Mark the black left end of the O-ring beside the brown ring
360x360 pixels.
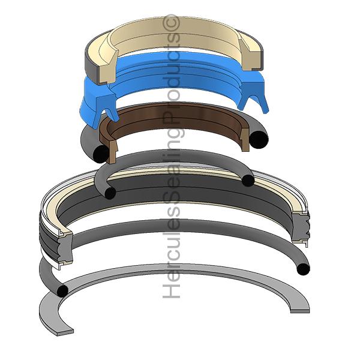100,155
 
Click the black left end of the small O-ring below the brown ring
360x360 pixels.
110,193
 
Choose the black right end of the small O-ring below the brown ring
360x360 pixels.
247,180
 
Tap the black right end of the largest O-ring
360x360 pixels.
304,268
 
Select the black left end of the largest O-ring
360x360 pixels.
62,291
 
